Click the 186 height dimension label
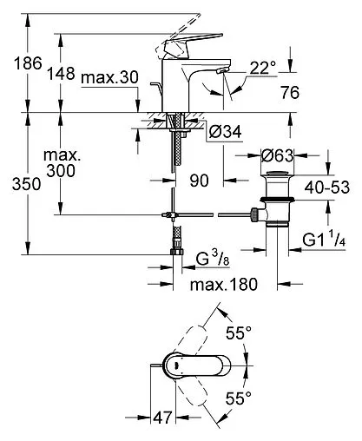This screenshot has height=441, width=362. click(28, 63)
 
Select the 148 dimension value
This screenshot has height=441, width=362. click(61, 74)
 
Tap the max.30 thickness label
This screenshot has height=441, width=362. click(109, 77)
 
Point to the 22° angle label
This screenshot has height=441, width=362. click(263, 69)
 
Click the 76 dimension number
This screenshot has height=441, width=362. click(290, 93)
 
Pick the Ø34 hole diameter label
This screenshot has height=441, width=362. click(225, 132)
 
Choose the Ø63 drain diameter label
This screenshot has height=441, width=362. click(277, 155)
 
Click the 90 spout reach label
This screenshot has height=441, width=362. click(199, 181)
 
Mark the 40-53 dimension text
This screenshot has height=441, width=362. click(327, 188)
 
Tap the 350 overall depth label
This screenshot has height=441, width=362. click(26, 184)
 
